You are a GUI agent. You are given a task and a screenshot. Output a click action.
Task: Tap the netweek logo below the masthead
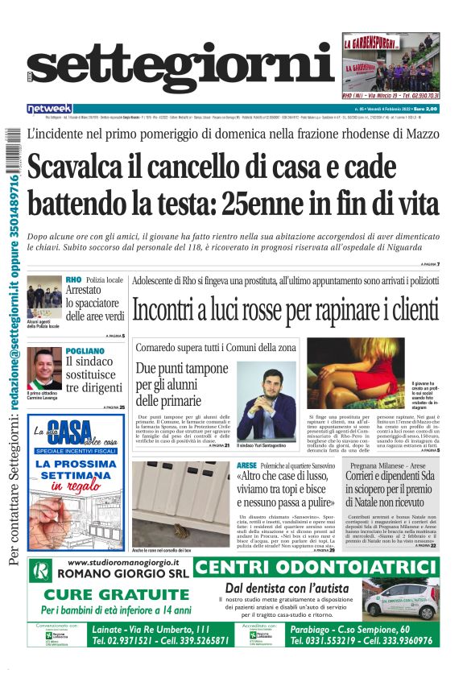(x=49, y=108)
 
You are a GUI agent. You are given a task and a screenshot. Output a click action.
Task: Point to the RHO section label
(x=74, y=279)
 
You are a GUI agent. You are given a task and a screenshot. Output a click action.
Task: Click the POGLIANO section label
(x=85, y=351)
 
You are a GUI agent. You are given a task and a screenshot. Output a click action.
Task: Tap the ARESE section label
(x=247, y=466)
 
